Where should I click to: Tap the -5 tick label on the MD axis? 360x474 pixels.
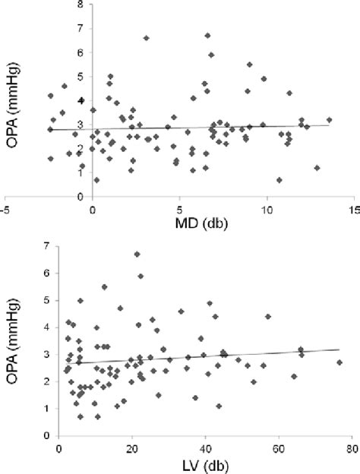pyautogui.click(x=5, y=207)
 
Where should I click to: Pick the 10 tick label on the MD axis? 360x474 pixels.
pyautogui.click(x=266, y=207)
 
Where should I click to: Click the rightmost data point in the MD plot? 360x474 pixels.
pyautogui.click(x=329, y=120)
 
